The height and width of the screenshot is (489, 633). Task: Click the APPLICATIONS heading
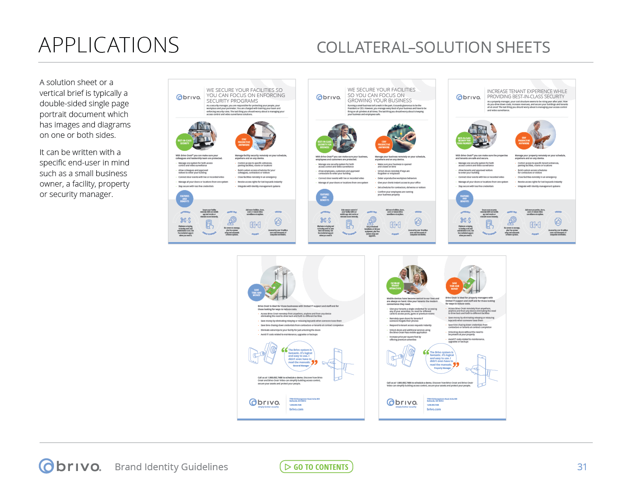point(109,45)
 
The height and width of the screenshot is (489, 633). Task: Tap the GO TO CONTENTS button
point(316,467)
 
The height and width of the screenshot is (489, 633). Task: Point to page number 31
point(582,467)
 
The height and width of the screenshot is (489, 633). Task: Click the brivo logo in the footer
point(70,466)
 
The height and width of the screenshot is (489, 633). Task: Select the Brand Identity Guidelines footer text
point(171,467)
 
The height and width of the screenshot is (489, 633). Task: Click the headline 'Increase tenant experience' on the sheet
point(527,94)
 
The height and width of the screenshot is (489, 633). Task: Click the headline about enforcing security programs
point(245,95)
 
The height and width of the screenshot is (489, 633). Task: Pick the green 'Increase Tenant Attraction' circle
point(395,286)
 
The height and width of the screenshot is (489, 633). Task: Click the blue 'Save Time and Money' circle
point(256,292)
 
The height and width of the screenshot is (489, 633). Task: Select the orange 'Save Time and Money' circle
point(454,286)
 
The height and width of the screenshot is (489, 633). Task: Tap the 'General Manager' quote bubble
point(300,357)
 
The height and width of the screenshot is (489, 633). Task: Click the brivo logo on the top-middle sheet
point(328,97)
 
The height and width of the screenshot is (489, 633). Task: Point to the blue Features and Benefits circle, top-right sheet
point(464,199)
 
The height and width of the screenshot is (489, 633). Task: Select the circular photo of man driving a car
point(262,135)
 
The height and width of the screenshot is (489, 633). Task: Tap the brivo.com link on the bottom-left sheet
point(296,409)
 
